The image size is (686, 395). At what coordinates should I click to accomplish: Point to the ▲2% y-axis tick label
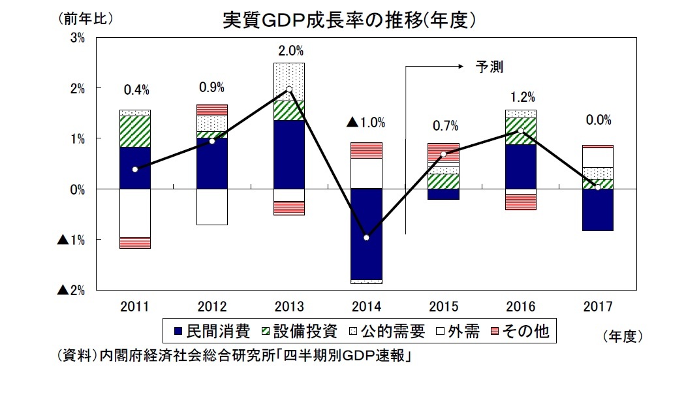(72, 290)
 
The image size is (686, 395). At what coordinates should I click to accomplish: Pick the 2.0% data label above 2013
(289, 50)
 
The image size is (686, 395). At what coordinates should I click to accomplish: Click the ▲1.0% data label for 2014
(366, 122)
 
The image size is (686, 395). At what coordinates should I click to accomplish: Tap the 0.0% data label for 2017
(598, 120)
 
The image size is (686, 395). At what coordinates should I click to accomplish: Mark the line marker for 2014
(366, 238)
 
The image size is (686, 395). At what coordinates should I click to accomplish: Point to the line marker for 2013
(289, 89)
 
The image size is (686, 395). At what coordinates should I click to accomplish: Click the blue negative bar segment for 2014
(366, 233)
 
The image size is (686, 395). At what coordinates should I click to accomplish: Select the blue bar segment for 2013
(289, 154)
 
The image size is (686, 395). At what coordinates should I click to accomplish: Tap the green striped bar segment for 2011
(134, 131)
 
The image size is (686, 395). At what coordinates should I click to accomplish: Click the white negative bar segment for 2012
(212, 206)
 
